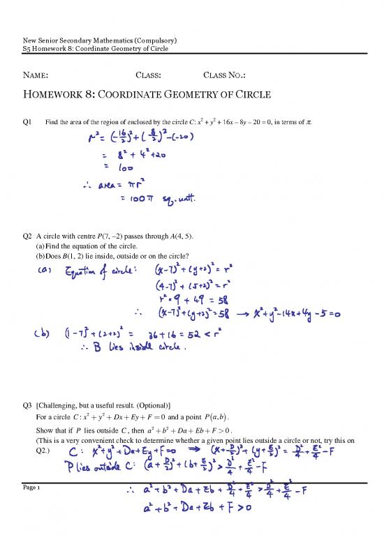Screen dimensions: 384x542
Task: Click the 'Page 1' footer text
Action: click(x=33, y=491)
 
